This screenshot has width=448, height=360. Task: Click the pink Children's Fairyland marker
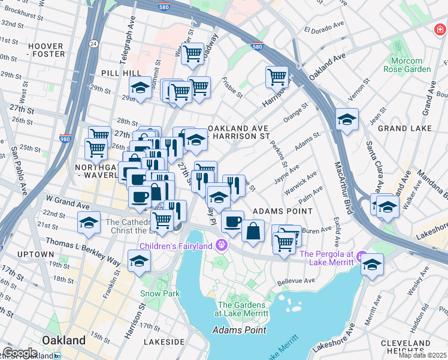222,245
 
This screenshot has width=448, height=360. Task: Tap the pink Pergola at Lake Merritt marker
361,257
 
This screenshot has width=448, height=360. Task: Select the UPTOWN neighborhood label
35,254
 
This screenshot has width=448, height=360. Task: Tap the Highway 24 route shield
93,43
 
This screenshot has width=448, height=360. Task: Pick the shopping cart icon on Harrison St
277,76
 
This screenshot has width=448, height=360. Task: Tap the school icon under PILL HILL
140,88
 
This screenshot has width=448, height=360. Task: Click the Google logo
20,353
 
